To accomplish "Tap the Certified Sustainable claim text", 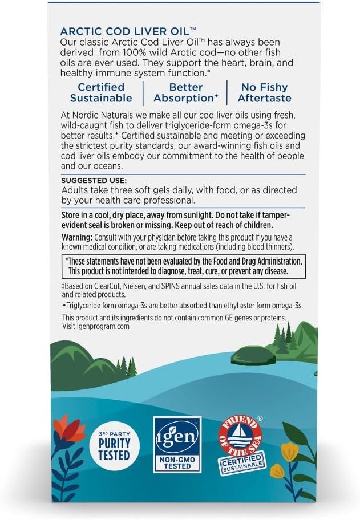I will pos(101,92).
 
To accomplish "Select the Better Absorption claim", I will pos(186,92).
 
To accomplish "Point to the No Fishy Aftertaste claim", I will pos(265,92).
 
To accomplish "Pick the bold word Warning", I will pos(76,237).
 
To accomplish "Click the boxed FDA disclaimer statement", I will pos(183,265).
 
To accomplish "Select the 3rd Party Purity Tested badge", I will pos(115,444).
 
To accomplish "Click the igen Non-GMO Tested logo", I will pos(177,443).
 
